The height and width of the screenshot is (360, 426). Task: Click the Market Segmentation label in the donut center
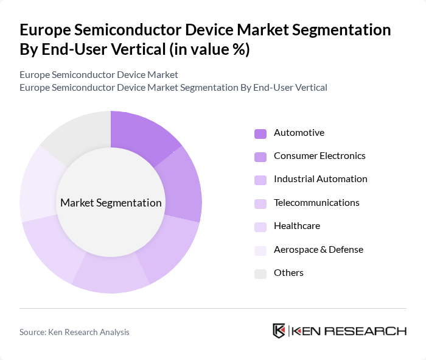(111, 203)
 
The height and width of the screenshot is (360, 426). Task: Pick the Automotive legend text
(299, 133)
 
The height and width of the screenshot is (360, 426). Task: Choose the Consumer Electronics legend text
(319, 156)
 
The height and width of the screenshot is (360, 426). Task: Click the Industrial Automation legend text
(320, 179)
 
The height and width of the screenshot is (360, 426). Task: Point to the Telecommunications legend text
(316, 203)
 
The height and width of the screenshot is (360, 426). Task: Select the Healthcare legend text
(296, 226)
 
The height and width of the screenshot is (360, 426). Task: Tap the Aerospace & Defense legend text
(318, 250)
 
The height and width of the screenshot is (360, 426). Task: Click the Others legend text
(288, 273)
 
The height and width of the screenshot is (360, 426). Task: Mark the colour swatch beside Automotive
(260, 133)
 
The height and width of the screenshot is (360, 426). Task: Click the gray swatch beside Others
(260, 274)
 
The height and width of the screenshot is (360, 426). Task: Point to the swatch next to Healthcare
(260, 227)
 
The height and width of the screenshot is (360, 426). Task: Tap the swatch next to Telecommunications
(260, 203)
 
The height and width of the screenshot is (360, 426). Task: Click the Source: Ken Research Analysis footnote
(74, 332)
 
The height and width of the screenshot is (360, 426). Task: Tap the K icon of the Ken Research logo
(279, 331)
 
